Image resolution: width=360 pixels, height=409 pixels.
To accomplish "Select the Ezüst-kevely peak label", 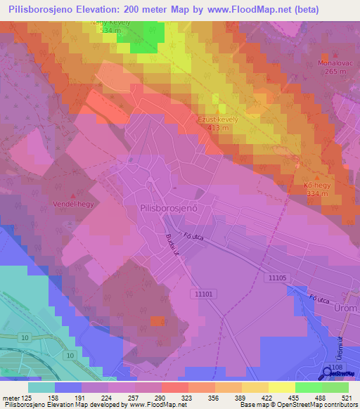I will point(218,119).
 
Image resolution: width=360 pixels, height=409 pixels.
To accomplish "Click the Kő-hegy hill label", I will point(317,185).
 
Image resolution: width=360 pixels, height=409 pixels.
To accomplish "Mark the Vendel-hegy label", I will point(74,204).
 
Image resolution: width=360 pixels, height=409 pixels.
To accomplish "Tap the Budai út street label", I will point(171,247).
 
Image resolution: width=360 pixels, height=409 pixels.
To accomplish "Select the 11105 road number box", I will point(277,278).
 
